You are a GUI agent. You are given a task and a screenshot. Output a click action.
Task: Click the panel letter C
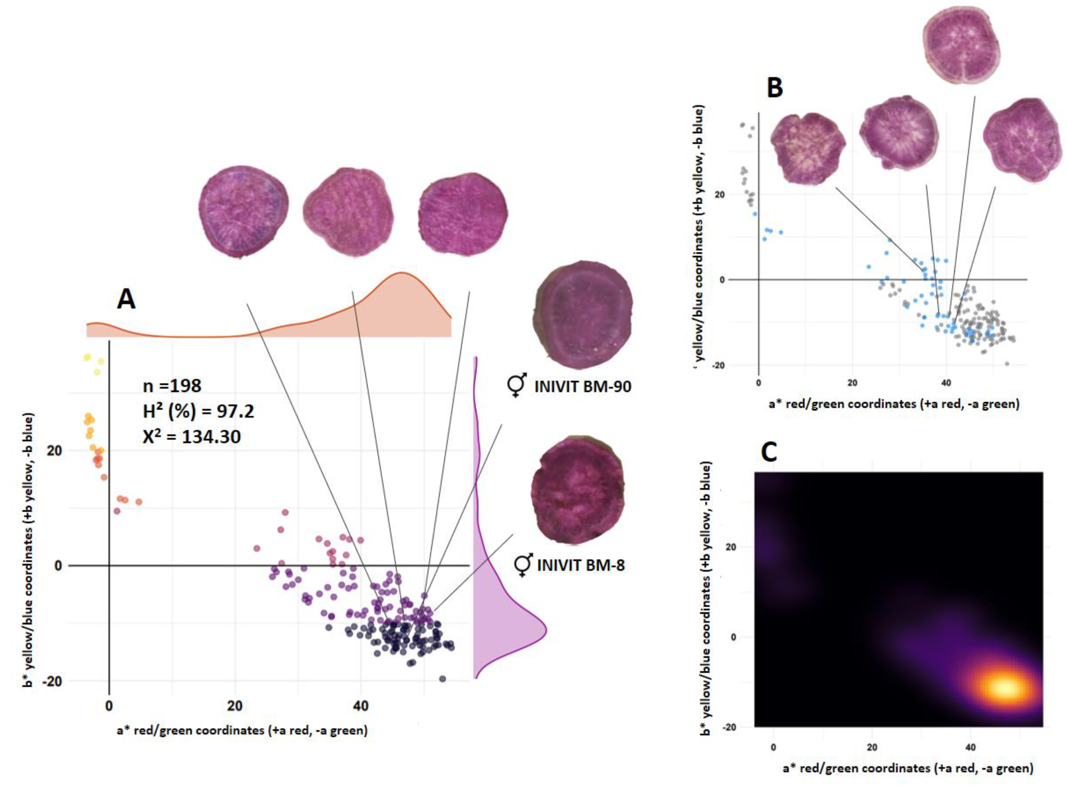768,452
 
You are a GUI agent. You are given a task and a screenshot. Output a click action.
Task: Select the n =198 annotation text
172,386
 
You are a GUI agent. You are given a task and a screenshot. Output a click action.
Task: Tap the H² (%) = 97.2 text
198,411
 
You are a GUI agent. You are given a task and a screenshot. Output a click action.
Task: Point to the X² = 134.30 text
191,437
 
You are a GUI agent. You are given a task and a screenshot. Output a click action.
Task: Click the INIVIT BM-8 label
581,565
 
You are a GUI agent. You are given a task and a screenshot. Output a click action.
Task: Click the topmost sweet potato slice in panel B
961,44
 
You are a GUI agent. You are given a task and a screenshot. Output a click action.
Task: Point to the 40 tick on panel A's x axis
361,706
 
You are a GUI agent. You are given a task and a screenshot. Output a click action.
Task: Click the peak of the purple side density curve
546,630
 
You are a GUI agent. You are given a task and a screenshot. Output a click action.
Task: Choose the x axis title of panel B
893,403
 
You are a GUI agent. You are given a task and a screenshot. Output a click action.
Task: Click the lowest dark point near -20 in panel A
442,679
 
